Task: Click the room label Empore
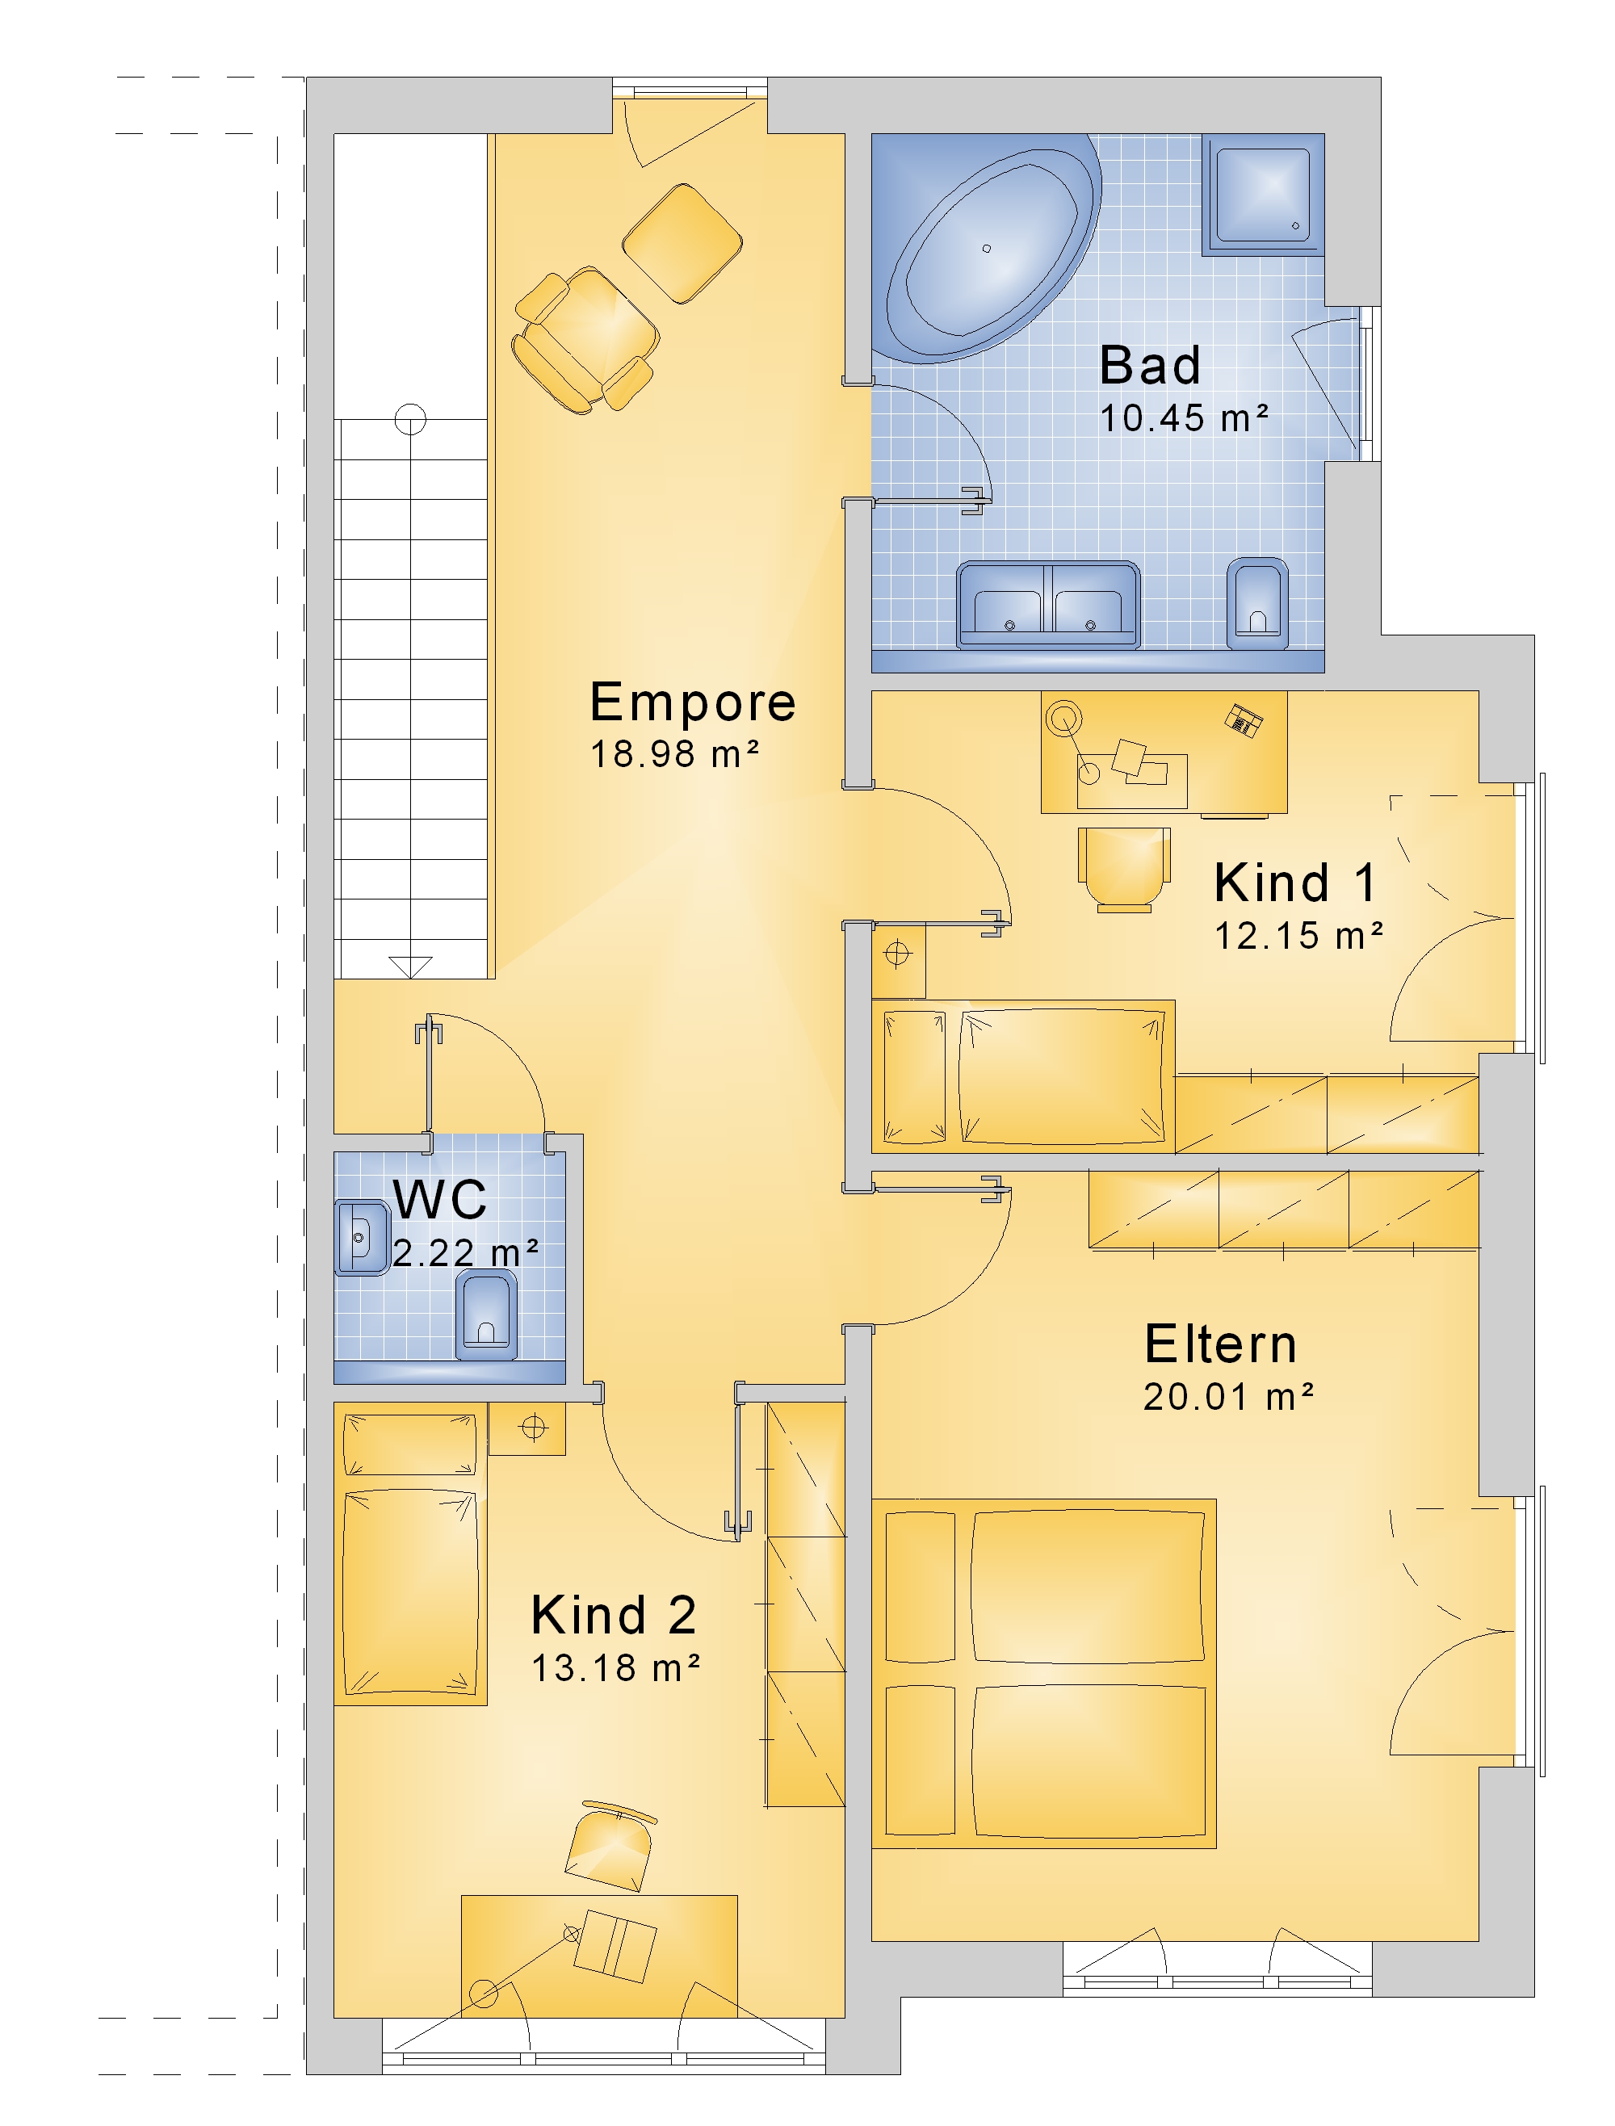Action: click(x=692, y=703)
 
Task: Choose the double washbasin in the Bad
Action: click(x=1049, y=604)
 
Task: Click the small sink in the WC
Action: click(x=362, y=1237)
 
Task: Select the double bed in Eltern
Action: click(x=1044, y=1673)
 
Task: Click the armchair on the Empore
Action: click(x=585, y=340)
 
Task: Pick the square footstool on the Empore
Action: click(x=682, y=243)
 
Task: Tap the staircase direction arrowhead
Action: click(x=410, y=967)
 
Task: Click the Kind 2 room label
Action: click(x=614, y=1615)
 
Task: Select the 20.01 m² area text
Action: click(x=1228, y=1397)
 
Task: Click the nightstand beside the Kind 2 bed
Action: click(x=526, y=1428)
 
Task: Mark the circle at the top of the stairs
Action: click(x=410, y=419)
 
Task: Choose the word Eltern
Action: click(x=1221, y=1344)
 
